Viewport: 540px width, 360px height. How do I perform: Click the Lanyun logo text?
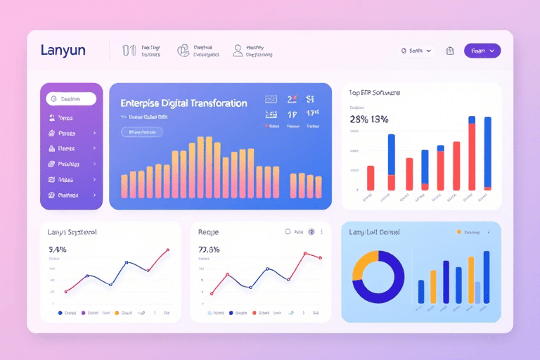(x=63, y=50)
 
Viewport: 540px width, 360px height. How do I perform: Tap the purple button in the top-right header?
(x=482, y=51)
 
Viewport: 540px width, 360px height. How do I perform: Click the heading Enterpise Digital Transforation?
(x=184, y=103)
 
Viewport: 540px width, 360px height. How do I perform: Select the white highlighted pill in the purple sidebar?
(x=71, y=99)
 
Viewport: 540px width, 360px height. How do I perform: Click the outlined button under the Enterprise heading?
(x=141, y=131)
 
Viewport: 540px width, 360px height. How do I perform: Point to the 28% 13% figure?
(x=369, y=119)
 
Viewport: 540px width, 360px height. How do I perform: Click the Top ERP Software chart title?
(x=374, y=92)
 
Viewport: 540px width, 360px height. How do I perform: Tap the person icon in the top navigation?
(x=238, y=51)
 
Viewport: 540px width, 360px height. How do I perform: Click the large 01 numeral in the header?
(x=129, y=51)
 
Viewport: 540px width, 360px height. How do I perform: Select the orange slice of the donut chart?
(x=361, y=264)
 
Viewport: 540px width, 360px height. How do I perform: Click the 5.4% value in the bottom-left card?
(x=58, y=249)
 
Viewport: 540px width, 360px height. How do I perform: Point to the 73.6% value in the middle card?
(x=209, y=249)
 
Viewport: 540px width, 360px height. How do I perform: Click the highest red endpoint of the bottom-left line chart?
(x=167, y=250)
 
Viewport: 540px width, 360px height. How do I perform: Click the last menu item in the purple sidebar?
(x=71, y=195)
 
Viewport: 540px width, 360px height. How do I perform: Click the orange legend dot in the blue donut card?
(x=459, y=231)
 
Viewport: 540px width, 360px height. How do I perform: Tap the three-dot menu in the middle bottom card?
(x=322, y=231)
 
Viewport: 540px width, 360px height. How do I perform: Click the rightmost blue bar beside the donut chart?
(x=486, y=277)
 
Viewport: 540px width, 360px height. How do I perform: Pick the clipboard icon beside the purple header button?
(x=450, y=51)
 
